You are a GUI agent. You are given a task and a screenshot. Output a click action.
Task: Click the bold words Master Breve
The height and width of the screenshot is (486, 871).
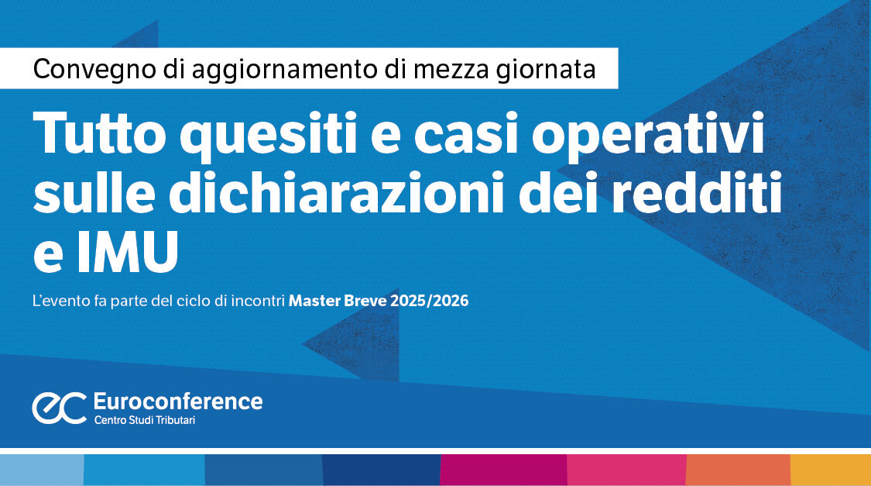[x=338, y=301]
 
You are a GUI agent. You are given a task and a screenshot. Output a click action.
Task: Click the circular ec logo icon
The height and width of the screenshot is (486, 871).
[x=59, y=408]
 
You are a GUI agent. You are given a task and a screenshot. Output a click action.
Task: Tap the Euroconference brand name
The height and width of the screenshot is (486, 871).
[x=177, y=401]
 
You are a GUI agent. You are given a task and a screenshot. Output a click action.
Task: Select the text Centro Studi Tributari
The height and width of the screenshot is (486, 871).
[x=144, y=421]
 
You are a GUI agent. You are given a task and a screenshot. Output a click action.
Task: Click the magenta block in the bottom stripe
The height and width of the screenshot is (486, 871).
[x=503, y=470]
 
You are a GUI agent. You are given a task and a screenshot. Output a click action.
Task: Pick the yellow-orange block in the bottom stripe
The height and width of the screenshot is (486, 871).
[x=830, y=470]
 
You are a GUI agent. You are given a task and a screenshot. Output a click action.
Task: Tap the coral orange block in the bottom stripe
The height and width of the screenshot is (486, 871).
[x=738, y=470]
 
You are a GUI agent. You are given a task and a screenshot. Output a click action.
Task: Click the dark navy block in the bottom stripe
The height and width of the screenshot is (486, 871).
[x=381, y=470]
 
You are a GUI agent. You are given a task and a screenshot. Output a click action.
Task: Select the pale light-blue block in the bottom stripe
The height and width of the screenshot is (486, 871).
[x=41, y=470]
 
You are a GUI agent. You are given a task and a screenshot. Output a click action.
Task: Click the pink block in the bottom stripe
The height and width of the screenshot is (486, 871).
[x=626, y=470]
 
